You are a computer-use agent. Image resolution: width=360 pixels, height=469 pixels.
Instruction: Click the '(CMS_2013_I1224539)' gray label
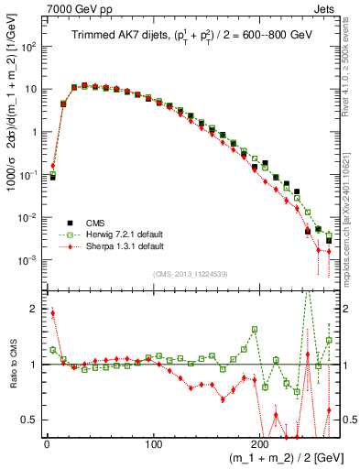(x=190, y=274)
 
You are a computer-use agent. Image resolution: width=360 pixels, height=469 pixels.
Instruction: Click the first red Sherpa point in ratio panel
(x=52, y=313)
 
